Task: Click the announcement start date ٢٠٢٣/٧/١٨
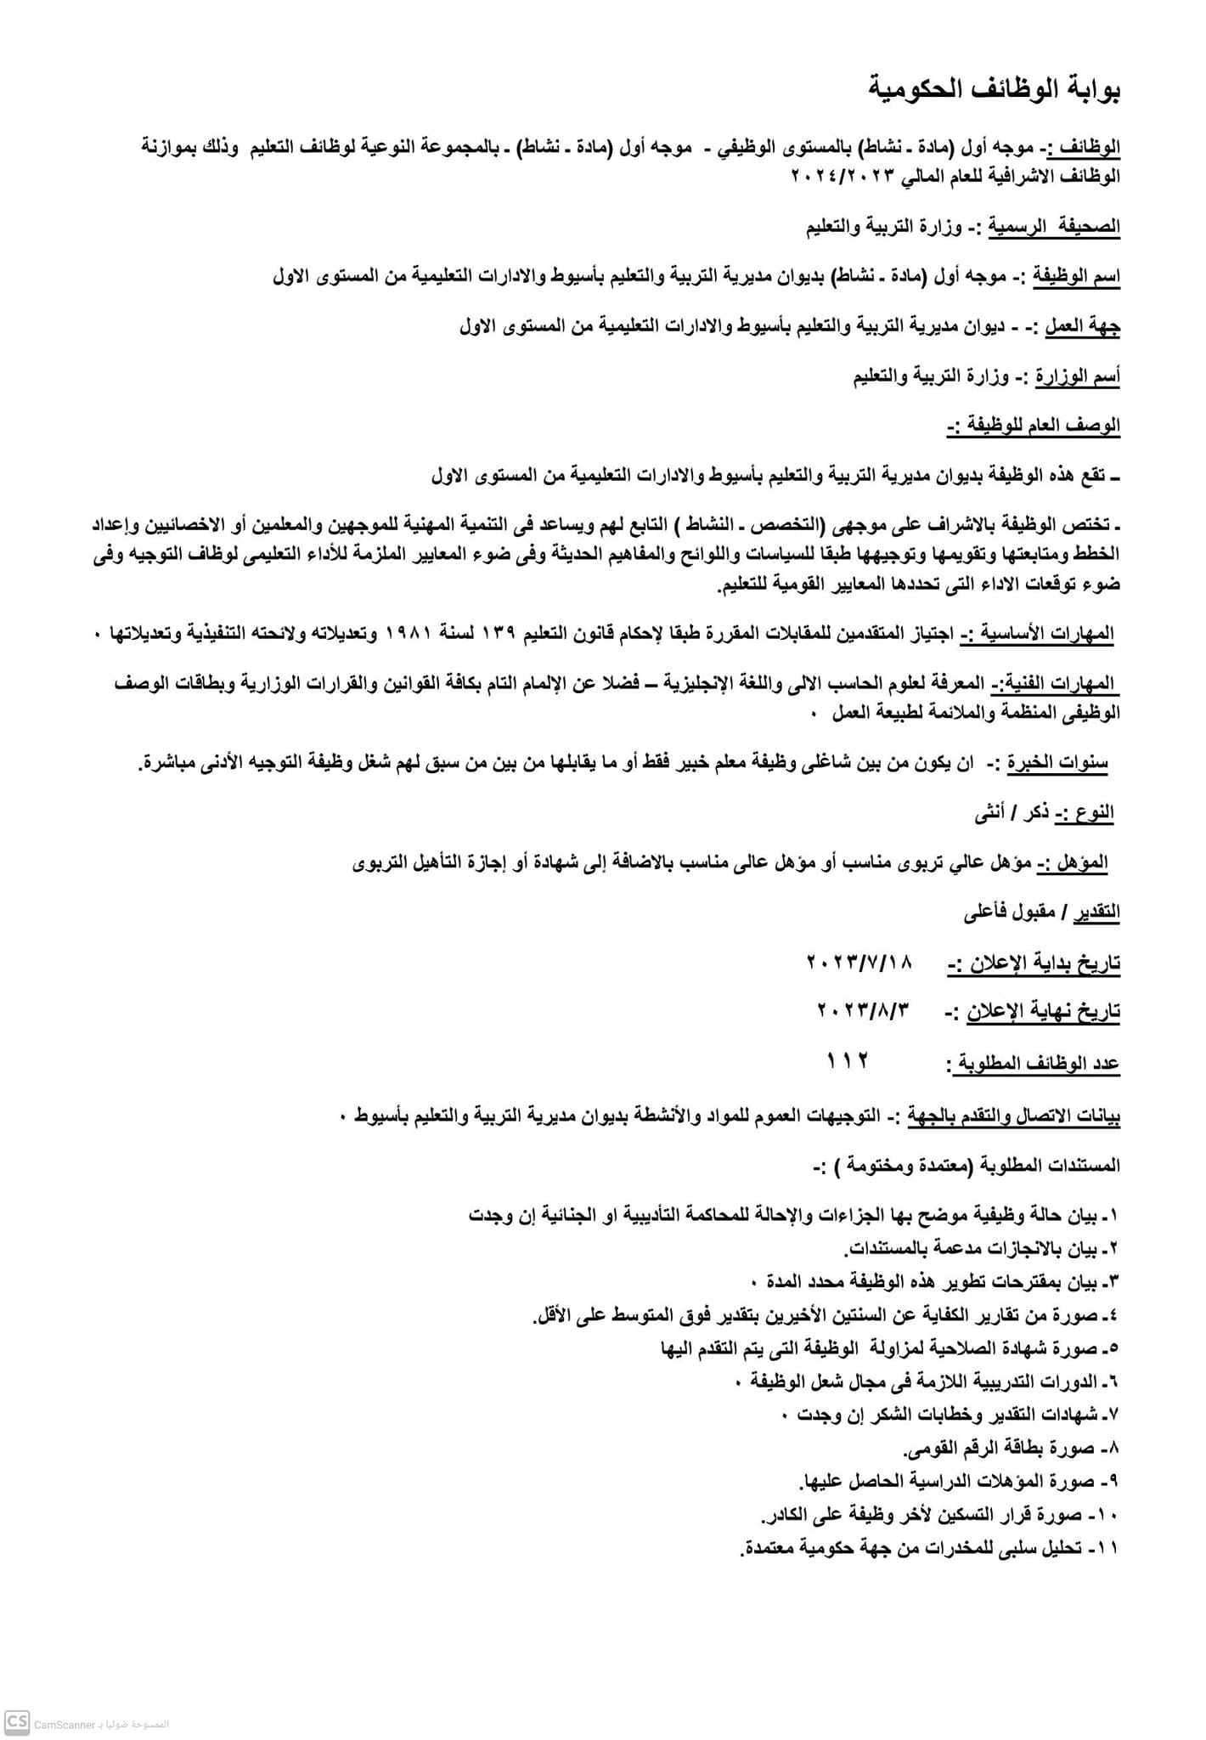(859, 962)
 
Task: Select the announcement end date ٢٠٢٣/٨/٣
(863, 1010)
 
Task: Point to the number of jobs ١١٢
(848, 1060)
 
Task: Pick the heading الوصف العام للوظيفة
(1033, 426)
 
